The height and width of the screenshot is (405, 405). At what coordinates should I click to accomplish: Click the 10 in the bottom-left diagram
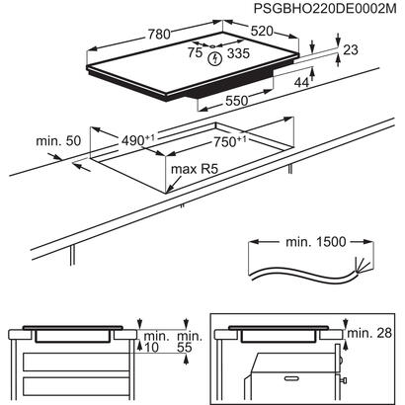point(150,348)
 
